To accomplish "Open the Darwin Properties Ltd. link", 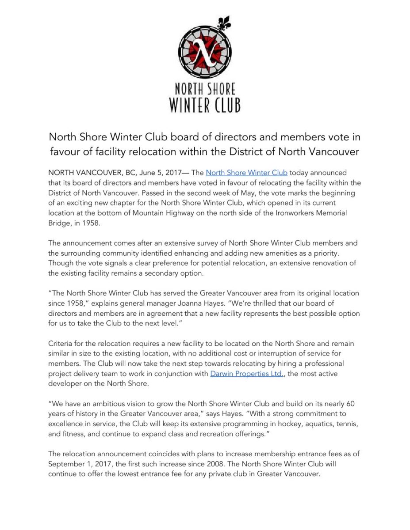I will [247, 374].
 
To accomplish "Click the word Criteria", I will [62, 344].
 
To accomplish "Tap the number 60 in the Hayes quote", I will [350, 404].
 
